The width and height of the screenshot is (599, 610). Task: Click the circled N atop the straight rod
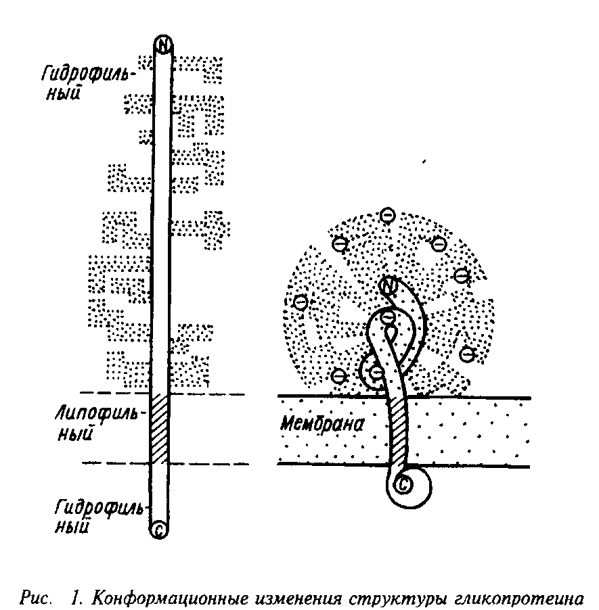163,44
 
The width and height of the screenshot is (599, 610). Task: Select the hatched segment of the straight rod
160,429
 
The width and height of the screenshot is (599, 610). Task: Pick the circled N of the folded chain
389,287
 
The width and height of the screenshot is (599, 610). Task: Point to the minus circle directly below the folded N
389,316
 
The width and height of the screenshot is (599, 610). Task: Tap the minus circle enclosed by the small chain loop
376,370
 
